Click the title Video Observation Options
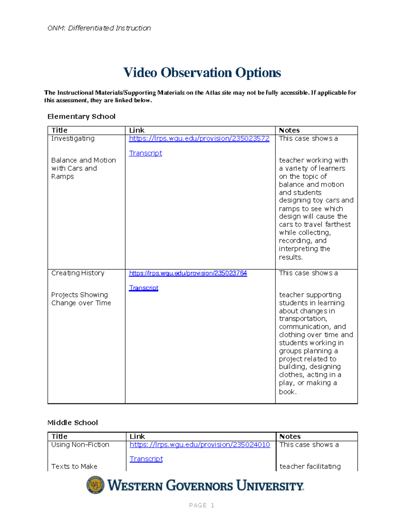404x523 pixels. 202,73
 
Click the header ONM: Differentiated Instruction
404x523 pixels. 99,28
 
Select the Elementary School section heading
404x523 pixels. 81,117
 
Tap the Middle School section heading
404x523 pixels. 72,423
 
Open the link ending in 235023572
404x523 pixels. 199,138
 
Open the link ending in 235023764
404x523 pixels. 188,273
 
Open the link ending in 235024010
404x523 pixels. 200,445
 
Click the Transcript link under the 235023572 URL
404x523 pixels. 145,153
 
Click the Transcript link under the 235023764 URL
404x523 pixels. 143,288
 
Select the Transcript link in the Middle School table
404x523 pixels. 146,459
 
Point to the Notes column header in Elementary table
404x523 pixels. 289,130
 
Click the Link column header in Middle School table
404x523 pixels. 137,436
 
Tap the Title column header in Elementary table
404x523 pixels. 59,130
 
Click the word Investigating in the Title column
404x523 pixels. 73,138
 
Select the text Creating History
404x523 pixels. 78,273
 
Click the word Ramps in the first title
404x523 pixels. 62,176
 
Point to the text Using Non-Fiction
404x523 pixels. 80,445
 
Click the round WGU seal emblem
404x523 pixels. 96,485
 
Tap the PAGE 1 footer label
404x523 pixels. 202,505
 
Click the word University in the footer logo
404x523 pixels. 270,486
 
